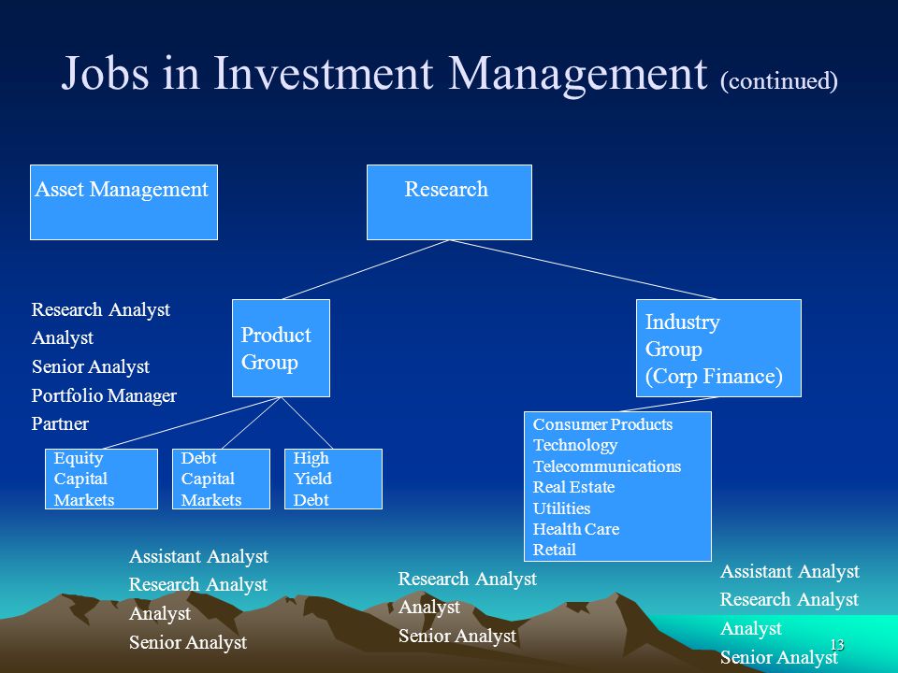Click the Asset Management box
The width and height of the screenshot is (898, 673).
tap(123, 202)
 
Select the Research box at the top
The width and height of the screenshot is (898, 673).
tap(449, 202)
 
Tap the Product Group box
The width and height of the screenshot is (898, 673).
tap(281, 348)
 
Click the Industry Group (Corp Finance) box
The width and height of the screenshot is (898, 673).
tap(718, 348)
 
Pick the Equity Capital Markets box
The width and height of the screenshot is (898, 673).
tap(101, 479)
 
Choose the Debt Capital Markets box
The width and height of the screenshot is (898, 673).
tap(221, 479)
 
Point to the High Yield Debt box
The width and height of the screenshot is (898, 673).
tap(333, 479)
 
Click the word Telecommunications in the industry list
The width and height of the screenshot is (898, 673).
tap(607, 466)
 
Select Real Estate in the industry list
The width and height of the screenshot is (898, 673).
tap(573, 487)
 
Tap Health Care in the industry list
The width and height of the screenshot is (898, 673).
tap(576, 529)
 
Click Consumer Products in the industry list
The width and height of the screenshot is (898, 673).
tap(602, 424)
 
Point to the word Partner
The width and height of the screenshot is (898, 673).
tap(60, 423)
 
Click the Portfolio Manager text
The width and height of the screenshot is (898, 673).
tap(104, 395)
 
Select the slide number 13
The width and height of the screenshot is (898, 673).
tap(837, 645)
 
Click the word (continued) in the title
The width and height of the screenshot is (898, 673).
tap(779, 80)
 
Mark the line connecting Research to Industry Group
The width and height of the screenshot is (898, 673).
tap(583, 269)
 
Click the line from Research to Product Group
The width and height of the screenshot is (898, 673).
tap(366, 269)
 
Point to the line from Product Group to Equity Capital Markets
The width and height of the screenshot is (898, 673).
tap(191, 422)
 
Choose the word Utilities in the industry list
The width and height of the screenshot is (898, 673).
tap(561, 508)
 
